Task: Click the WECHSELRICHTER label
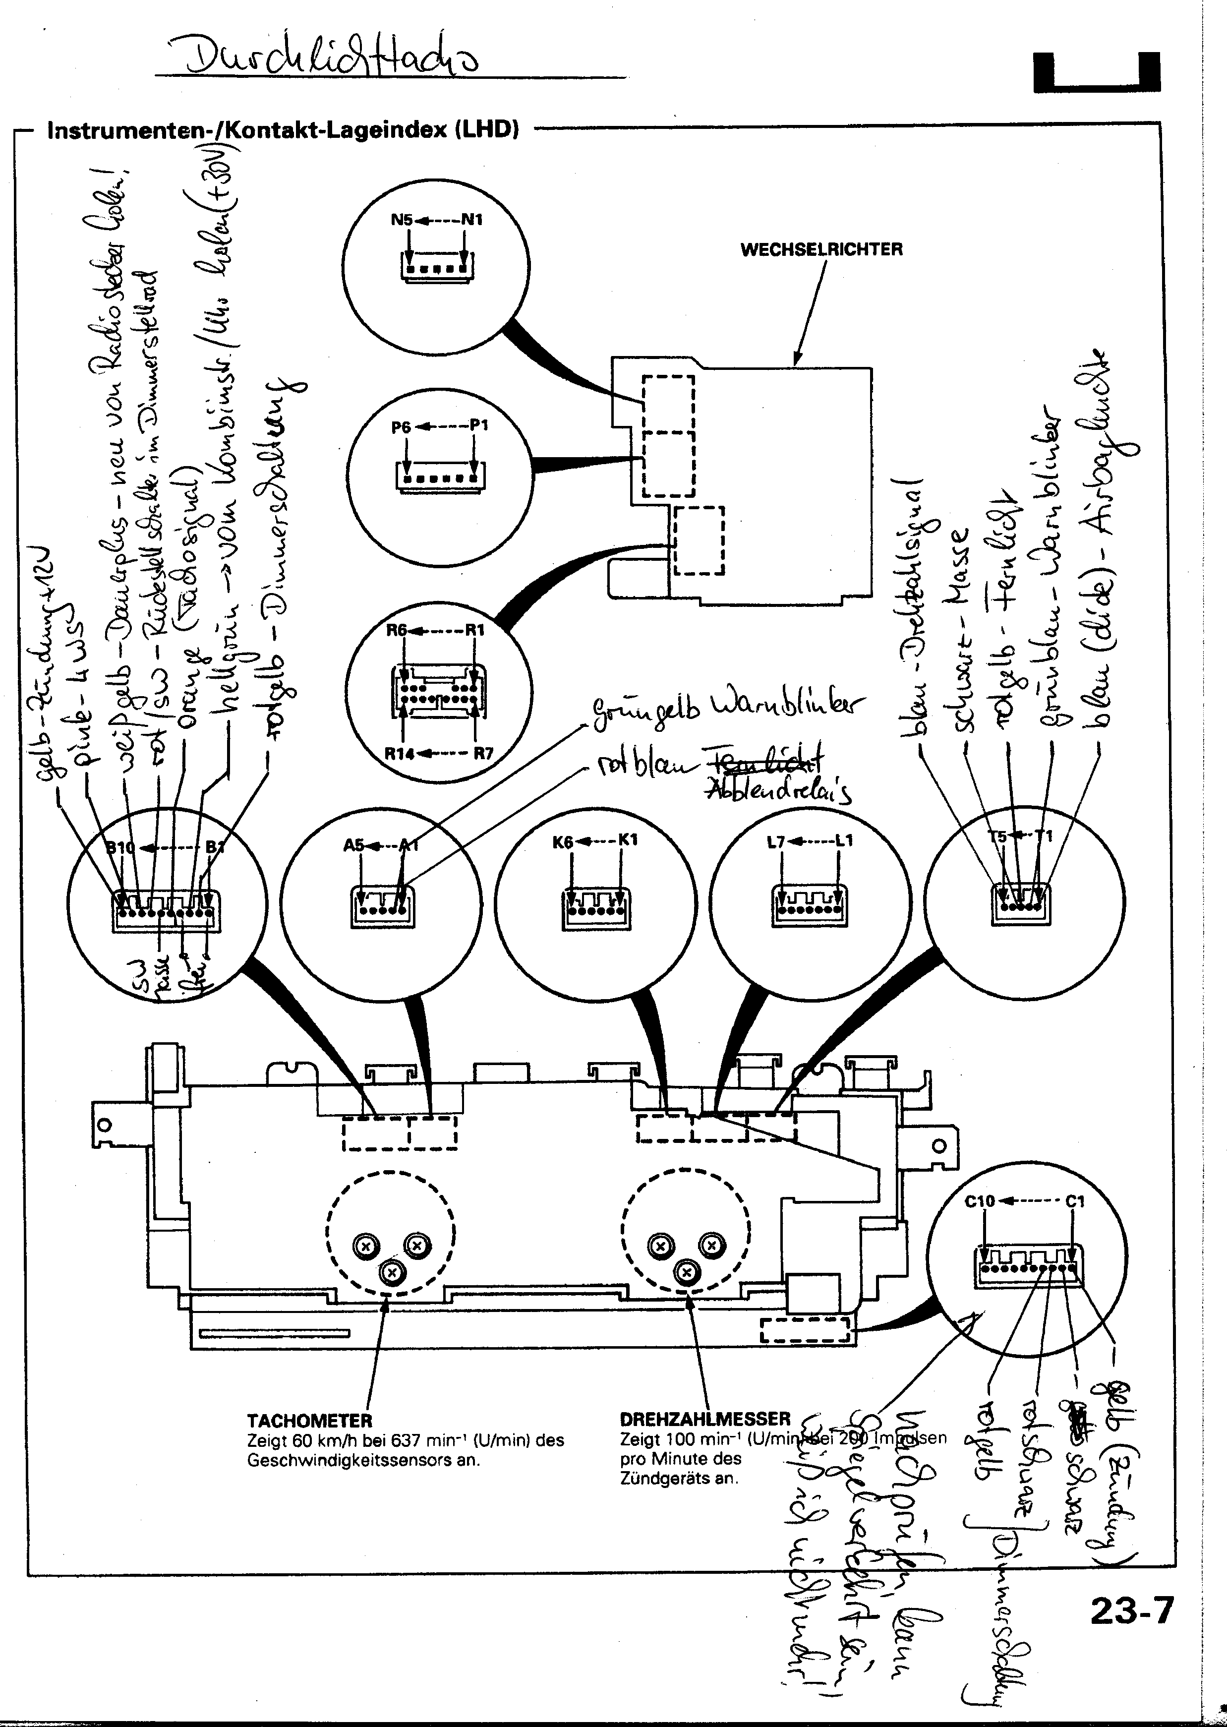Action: tap(821, 249)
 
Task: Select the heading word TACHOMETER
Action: tap(310, 1420)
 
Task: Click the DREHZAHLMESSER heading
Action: tap(704, 1419)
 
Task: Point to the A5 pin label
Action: tap(353, 844)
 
